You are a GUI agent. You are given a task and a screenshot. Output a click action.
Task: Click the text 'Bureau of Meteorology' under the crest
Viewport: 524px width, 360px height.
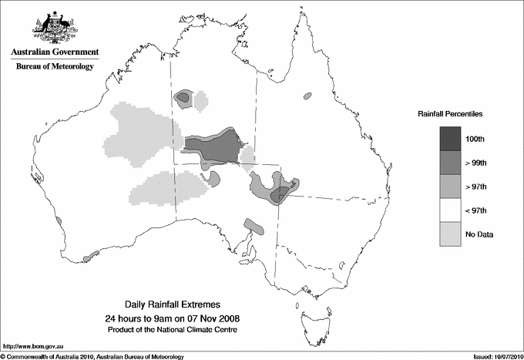pos(55,67)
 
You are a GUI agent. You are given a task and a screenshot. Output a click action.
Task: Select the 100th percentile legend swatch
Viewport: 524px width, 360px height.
pos(451,138)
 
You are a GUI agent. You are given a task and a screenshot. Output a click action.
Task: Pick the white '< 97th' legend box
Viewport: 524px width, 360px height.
pos(451,210)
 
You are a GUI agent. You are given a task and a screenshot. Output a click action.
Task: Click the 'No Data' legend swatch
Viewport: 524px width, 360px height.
pos(451,234)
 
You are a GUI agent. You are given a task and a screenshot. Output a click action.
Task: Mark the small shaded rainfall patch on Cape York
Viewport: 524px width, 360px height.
pos(307,96)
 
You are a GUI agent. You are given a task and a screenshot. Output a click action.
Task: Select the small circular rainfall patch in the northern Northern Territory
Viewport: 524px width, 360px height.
pos(183,97)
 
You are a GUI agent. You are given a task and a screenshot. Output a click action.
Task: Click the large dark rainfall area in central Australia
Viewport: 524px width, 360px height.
pos(216,144)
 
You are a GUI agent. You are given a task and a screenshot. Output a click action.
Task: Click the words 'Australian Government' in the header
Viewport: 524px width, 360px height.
pos(55,52)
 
